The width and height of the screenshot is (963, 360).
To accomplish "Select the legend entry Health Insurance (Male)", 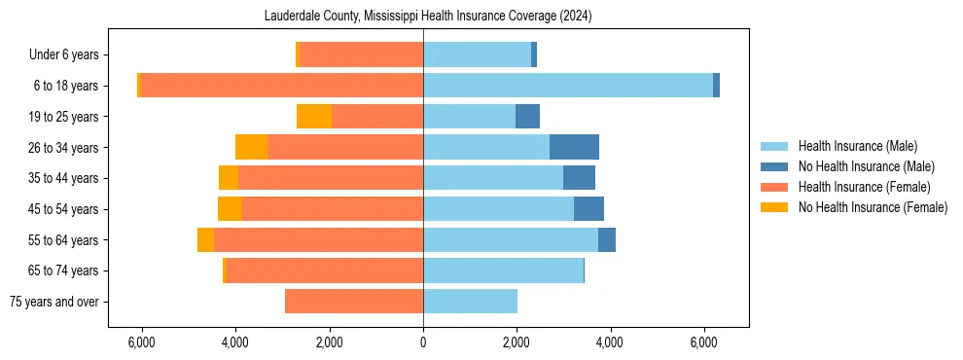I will click(857, 146).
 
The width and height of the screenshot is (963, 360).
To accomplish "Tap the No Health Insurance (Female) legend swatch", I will click(774, 207).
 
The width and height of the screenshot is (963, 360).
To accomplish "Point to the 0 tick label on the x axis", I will click(423, 343).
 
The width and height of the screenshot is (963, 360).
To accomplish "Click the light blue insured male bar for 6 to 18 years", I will click(568, 86).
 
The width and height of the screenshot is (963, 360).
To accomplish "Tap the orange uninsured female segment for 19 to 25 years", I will click(314, 117).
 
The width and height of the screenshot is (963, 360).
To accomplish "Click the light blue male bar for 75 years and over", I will click(470, 302).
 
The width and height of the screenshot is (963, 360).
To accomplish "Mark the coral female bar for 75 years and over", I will click(354, 302).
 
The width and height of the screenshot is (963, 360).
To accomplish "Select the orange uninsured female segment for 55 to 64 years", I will click(205, 240).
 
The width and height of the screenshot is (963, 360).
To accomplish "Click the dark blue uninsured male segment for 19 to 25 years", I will click(527, 117).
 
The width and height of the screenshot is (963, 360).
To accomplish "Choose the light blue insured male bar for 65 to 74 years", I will click(503, 270).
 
